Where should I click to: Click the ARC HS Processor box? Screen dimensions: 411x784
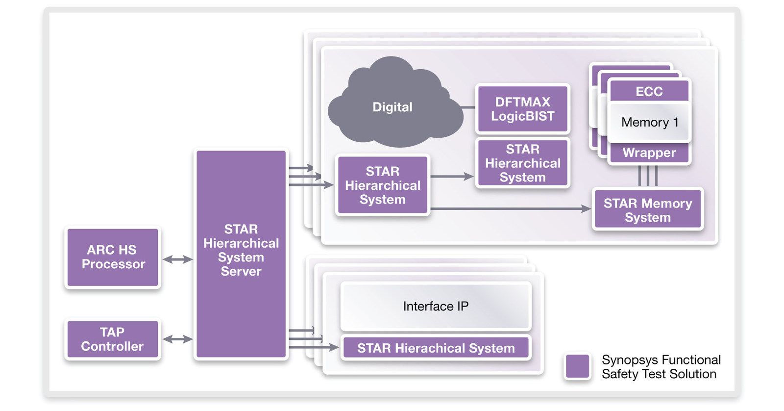113,257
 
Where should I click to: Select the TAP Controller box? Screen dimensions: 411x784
113,339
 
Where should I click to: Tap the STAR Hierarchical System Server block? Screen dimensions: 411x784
241,254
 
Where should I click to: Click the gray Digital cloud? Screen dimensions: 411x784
392,107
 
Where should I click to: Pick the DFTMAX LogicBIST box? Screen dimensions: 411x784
522,109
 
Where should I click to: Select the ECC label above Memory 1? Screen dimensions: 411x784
649,92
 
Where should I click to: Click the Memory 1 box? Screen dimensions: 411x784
649,122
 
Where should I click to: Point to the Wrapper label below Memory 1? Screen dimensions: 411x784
649,153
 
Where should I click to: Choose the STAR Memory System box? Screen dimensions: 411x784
647,210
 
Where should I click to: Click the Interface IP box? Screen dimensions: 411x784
436,306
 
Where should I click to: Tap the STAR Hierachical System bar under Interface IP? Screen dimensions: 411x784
436,348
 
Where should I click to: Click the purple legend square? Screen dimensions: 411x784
577,366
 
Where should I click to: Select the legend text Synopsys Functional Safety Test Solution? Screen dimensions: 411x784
661,367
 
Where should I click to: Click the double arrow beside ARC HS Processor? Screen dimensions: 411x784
177,259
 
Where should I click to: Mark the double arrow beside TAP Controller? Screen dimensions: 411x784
177,339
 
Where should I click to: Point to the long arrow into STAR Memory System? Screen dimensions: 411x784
510,209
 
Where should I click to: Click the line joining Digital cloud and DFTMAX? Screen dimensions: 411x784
468,107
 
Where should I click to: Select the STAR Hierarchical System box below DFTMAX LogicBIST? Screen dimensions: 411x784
522,163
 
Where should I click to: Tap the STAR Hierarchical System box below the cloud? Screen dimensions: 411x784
382,185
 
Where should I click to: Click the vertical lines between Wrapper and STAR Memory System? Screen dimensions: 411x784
647,176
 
